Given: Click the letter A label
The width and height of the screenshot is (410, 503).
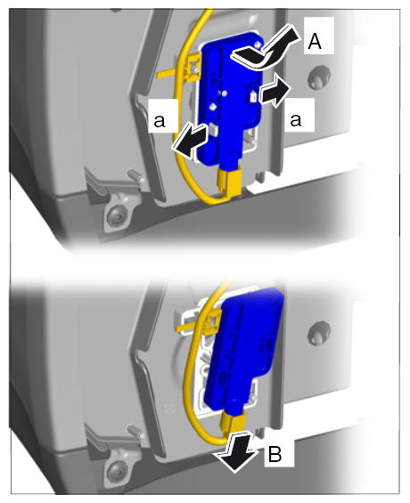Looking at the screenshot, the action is (x=315, y=41).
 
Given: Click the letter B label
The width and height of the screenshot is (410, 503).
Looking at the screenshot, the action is (x=275, y=454).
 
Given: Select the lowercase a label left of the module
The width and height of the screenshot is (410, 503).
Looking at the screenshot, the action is (x=160, y=120).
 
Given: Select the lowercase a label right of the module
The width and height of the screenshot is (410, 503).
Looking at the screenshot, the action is (x=296, y=120).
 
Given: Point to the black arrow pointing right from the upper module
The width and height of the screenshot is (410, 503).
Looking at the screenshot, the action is (x=275, y=93).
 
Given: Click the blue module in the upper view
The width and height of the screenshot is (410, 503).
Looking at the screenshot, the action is (x=231, y=100).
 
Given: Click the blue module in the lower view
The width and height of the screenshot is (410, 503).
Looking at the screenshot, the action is (x=244, y=350).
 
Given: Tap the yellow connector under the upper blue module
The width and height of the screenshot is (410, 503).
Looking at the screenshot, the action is (x=230, y=183).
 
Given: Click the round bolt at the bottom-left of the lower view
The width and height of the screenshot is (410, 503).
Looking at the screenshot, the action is (x=115, y=471).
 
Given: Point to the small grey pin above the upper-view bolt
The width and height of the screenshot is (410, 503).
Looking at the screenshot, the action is (x=136, y=176).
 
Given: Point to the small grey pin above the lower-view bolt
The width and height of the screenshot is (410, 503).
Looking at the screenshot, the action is (x=136, y=432).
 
